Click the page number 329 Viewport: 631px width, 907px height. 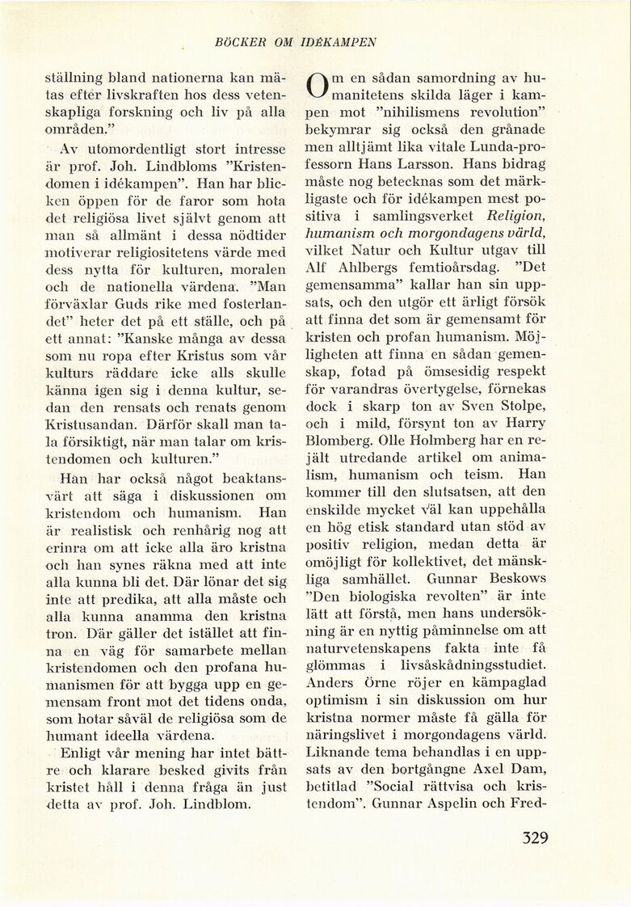[x=535, y=837]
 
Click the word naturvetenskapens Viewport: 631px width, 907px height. [x=372, y=648]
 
